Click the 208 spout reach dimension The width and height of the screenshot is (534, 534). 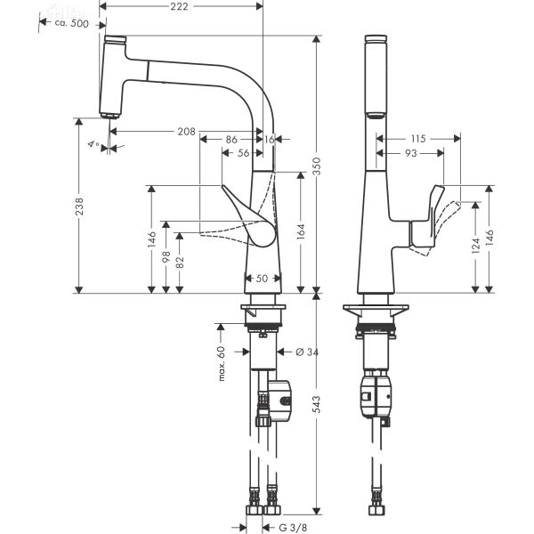click(186, 132)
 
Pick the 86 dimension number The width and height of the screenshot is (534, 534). click(231, 140)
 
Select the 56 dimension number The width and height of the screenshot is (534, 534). click(243, 153)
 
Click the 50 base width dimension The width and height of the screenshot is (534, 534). click(262, 279)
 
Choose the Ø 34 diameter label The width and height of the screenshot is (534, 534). click(306, 352)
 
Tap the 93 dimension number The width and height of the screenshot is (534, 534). click(409, 154)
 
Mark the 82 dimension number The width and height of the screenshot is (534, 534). click(180, 262)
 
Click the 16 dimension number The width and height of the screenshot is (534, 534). click(269, 140)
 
